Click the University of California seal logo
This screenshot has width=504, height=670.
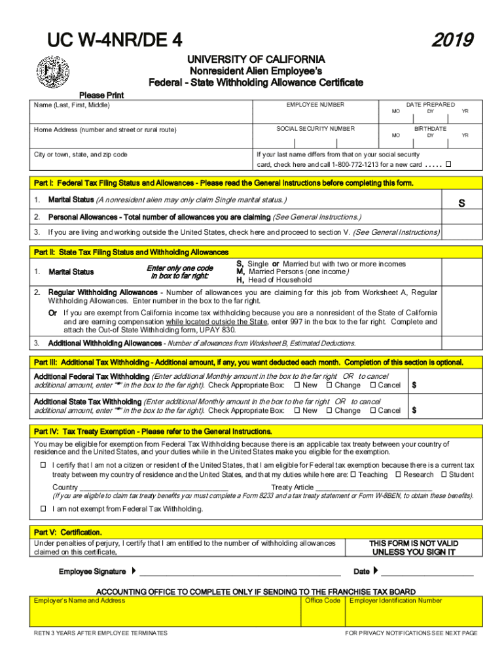coord(52,73)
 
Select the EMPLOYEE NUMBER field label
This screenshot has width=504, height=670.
coord(315,105)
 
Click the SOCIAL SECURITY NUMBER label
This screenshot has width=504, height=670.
coord(315,129)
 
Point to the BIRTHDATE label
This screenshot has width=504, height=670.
coord(430,129)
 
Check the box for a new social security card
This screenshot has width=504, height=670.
coord(449,163)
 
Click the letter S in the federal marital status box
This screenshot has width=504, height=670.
coord(461,203)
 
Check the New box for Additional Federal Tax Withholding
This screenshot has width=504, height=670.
coord(297,385)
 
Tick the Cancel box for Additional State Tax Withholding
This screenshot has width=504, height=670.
coord(372,410)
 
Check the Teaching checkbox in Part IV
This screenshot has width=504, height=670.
coord(353,474)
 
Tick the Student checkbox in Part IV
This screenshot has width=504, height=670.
coord(444,474)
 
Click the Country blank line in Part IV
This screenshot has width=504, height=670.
coord(154,488)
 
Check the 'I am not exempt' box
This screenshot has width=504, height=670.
coord(44,508)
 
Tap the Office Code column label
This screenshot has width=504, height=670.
coord(323,601)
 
